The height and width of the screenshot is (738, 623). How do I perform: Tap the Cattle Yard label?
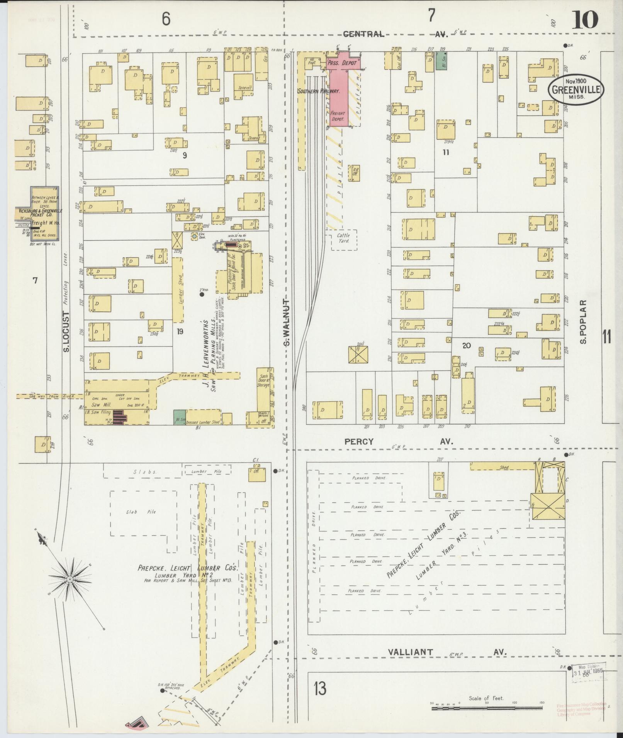343,238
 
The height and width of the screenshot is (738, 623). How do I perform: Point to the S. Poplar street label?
583,322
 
